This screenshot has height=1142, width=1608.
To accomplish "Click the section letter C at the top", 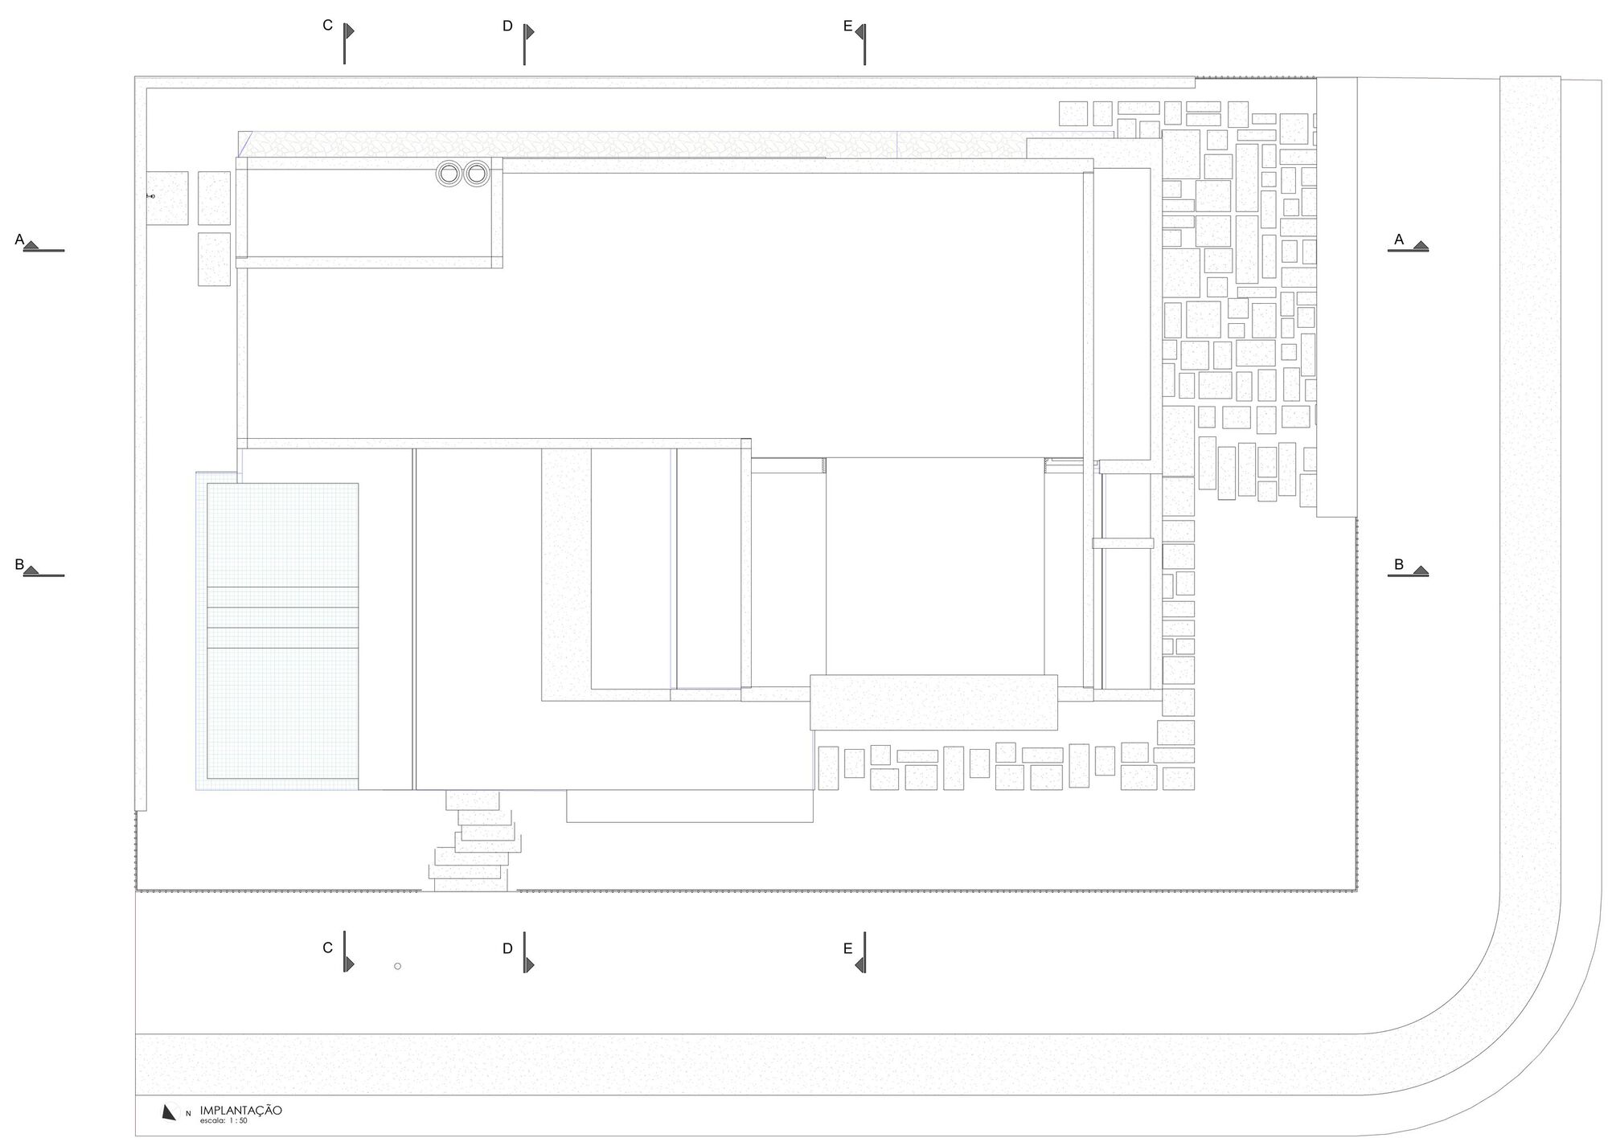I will click(327, 26).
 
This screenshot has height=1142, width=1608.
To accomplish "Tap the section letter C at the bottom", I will click(327, 948).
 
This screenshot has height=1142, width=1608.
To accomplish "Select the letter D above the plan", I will click(507, 27).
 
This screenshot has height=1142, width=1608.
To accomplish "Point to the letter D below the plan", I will click(507, 949).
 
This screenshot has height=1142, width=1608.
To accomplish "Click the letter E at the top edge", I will click(847, 27).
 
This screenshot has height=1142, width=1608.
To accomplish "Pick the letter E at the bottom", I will click(847, 949).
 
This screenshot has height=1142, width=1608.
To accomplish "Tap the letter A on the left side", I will click(19, 239).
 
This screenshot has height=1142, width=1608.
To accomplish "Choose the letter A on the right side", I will click(1398, 239).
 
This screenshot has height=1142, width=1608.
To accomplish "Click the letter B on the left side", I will click(19, 565).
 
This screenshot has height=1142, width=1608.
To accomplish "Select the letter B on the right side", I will click(1398, 565).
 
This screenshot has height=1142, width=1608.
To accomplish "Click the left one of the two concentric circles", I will click(449, 174).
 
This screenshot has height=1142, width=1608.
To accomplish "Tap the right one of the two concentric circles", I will click(477, 174).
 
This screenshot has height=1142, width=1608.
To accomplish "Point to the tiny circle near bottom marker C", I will click(397, 966).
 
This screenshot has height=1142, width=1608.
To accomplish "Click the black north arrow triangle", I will click(168, 1112).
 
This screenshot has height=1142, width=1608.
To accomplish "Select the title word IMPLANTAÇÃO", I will click(241, 1110).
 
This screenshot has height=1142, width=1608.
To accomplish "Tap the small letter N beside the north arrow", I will click(188, 1114).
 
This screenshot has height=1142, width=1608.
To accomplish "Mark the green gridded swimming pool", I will click(282, 631).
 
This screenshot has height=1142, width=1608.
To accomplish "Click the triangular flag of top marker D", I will click(530, 32).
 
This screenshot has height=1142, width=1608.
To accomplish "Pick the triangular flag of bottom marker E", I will click(859, 964).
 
